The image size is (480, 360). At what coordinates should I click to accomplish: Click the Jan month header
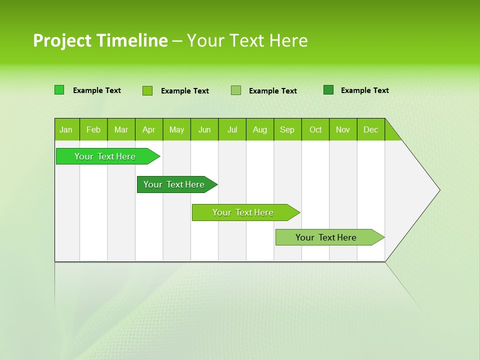pos(66,129)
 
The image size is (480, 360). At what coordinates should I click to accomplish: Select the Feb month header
pos(93,129)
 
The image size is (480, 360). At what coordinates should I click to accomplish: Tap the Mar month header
pos(121,129)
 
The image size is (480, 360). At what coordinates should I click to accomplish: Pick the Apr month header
pos(149,129)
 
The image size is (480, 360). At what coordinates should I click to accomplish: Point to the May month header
pos(176,129)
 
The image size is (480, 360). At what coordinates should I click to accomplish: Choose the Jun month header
pos(204,129)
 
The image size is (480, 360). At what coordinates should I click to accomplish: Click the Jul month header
pos(232,129)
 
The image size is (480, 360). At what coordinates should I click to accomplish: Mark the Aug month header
pos(260,129)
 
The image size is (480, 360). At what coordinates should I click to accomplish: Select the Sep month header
pos(287,129)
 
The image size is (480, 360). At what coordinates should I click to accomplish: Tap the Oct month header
pos(315,129)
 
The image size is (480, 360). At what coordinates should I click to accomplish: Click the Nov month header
pos(343,129)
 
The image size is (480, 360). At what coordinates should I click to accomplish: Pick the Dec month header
pos(371,129)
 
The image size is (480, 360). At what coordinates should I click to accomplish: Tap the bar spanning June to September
pos(243,212)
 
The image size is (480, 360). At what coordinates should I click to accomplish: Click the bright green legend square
pos(59,90)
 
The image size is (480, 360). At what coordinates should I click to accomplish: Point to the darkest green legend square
pos(328,90)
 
